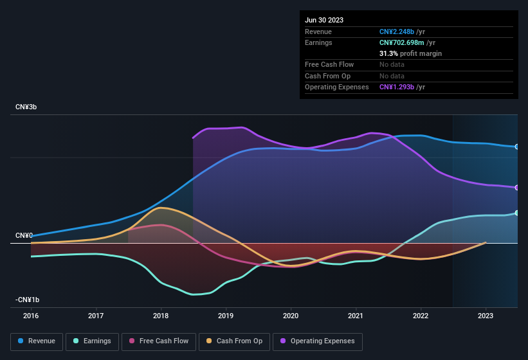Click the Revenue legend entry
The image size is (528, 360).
tap(37, 341)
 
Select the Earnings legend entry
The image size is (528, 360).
tap(92, 341)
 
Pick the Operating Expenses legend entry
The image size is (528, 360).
tap(318, 341)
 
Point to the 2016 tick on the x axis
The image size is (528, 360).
tap(31, 316)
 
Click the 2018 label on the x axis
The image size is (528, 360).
tap(161, 316)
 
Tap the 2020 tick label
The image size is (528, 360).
tap(291, 316)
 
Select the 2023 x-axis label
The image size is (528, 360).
tap(486, 316)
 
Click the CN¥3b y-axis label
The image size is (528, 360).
tap(26, 107)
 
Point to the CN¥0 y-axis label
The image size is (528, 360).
tap(24, 235)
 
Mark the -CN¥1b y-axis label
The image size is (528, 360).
tap(28, 300)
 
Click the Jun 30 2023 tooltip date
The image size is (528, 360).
tap(324, 20)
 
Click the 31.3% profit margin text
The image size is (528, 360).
tap(410, 53)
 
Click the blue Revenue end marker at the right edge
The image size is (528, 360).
tap(517, 147)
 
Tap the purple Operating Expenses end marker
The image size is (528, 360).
tap(517, 188)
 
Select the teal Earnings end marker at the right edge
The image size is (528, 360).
tap(517, 213)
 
